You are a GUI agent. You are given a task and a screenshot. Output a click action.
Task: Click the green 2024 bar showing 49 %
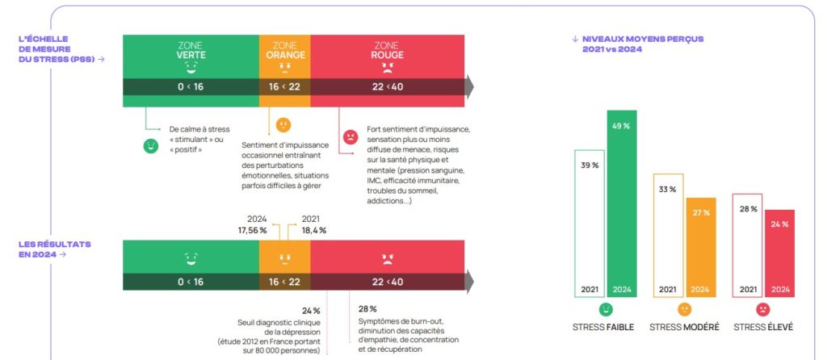[622, 203]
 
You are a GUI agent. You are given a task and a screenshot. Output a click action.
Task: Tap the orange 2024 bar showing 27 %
[701, 247]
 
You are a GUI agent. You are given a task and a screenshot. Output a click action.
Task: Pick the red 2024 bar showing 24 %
[779, 253]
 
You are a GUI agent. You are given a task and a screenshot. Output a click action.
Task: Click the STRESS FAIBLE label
[603, 328]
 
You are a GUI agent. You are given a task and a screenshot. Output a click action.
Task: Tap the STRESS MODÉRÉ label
[684, 328]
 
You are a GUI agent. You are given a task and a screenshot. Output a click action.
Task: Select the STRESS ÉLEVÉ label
[763, 328]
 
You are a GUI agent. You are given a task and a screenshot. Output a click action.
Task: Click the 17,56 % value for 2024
[252, 230]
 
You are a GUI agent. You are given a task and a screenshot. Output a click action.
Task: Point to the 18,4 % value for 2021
[314, 230]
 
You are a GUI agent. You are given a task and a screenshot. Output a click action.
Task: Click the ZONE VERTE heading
[191, 51]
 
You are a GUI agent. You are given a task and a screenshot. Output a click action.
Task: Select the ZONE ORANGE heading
[285, 51]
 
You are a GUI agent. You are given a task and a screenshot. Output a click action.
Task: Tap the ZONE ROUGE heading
[387, 51]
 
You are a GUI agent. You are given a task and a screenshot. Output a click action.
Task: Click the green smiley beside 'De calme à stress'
[151, 146]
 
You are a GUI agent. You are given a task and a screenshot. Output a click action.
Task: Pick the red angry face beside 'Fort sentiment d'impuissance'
[351, 137]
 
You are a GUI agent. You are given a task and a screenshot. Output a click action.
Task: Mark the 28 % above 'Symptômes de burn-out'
[367, 309]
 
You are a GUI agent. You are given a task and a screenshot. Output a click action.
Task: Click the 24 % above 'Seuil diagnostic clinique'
[311, 311]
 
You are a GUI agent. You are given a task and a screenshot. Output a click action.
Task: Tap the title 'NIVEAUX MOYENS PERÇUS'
[643, 39]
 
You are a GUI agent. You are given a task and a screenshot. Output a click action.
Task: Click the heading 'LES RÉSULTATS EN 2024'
[55, 249]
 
